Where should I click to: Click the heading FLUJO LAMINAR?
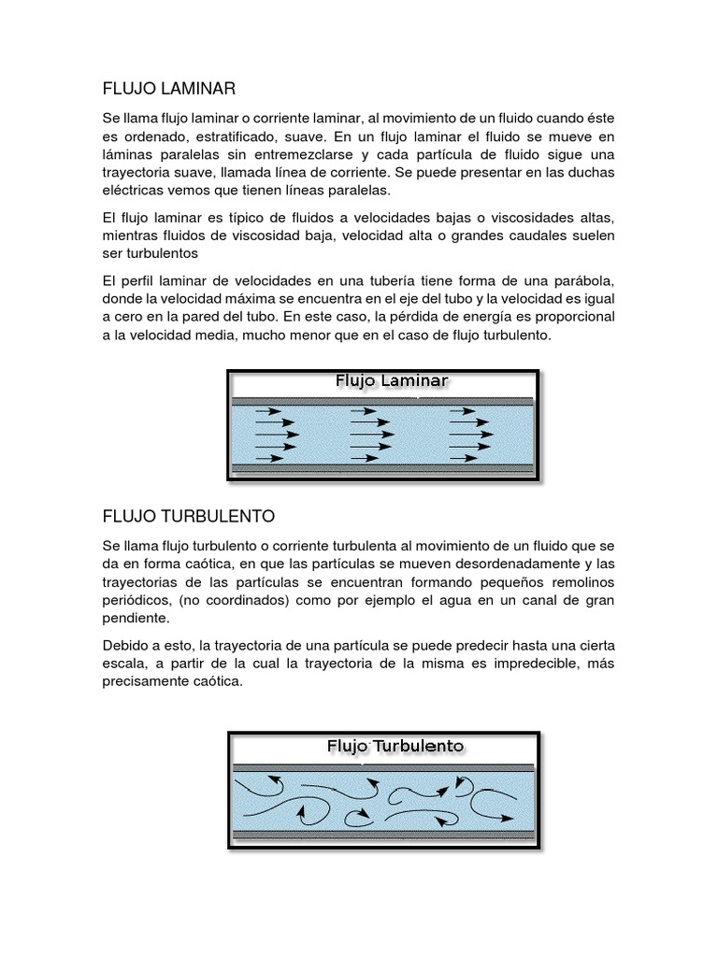[x=169, y=89]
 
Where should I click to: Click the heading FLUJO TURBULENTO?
[x=189, y=516]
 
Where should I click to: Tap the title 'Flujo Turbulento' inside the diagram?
[x=395, y=746]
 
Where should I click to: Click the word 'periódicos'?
[x=136, y=600]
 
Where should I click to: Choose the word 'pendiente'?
[x=135, y=618]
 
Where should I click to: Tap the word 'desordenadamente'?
[x=485, y=564]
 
